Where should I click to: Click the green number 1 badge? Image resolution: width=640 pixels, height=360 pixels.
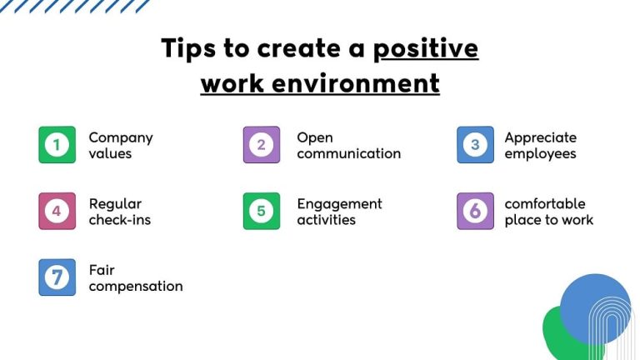57,145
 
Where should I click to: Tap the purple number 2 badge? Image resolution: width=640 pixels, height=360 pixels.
261,145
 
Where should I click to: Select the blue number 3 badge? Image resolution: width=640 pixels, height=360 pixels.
475,145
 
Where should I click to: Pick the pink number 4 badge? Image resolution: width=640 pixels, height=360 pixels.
57,211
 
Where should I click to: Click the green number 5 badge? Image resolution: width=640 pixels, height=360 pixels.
261,211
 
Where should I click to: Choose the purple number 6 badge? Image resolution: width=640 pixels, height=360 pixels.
475,211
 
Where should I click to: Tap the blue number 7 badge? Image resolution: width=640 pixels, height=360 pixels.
57,277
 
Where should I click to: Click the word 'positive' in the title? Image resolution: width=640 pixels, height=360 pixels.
425,48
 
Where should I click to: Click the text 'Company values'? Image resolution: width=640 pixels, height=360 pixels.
120,145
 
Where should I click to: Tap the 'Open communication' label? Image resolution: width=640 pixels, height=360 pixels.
348,145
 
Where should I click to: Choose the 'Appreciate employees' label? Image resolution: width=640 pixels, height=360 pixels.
540,145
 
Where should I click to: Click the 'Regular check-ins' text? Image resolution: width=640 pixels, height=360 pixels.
119,212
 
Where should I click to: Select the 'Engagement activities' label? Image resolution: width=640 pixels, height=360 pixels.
339,212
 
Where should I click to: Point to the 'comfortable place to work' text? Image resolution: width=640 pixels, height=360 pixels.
548,212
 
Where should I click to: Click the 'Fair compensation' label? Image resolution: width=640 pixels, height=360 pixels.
135,278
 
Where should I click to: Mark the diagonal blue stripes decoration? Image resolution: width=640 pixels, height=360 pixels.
75,6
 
